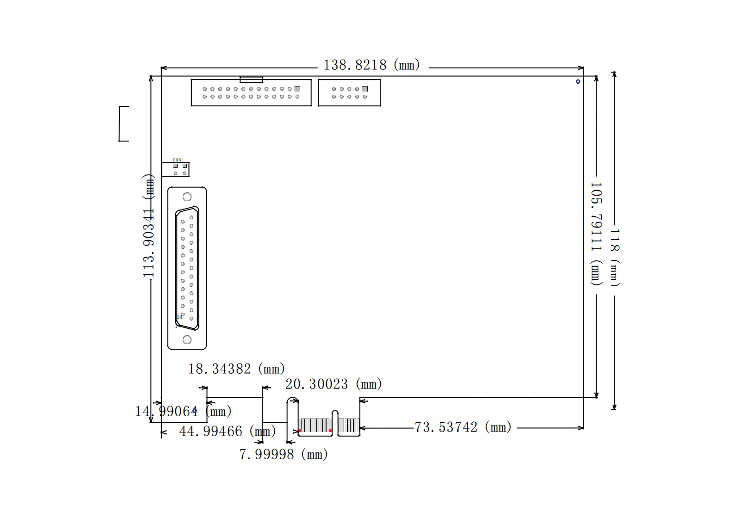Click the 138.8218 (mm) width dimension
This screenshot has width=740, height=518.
click(x=371, y=65)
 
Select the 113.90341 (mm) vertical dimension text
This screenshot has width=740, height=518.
click(x=148, y=226)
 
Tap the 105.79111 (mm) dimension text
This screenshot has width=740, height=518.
click(x=596, y=234)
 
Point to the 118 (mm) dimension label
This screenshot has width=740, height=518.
click(x=615, y=257)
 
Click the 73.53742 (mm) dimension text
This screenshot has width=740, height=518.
click(x=462, y=427)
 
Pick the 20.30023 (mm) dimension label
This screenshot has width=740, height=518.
click(x=333, y=384)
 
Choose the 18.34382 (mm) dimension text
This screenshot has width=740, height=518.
click(x=236, y=369)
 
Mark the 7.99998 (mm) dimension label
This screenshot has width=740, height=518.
click(x=284, y=455)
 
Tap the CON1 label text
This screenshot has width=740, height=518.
click(x=178, y=160)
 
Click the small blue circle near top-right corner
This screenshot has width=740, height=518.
click(x=578, y=81)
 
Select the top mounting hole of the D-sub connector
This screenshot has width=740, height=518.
click(x=187, y=197)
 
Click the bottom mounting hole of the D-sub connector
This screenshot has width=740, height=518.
click(x=187, y=340)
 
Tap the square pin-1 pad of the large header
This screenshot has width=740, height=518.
click(x=297, y=89)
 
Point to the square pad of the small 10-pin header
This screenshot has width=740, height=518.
click(x=365, y=89)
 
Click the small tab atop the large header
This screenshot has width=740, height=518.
click(x=251, y=80)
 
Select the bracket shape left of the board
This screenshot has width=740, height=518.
click(x=123, y=123)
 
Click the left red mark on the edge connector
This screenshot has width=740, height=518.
click(x=300, y=431)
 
